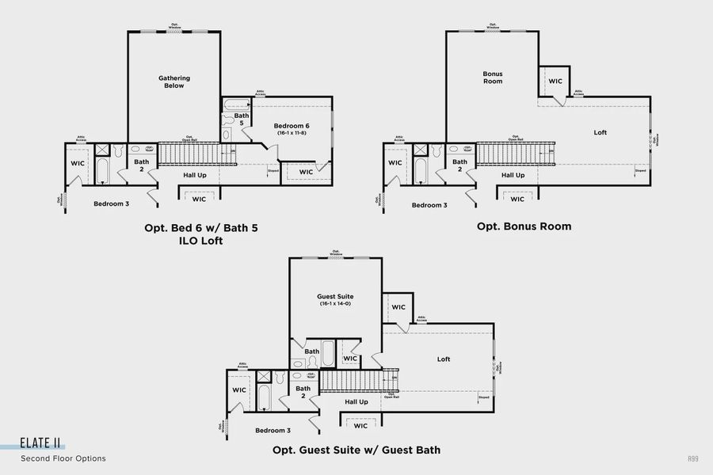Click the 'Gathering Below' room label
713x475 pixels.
click(x=173, y=82)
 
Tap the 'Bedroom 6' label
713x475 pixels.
click(x=292, y=126)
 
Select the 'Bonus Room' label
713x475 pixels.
click(x=493, y=78)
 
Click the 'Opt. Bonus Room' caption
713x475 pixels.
click(x=524, y=226)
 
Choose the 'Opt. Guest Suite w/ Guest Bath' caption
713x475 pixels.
click(x=356, y=450)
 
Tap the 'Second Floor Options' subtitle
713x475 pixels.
click(x=63, y=458)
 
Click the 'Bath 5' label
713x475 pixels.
click(x=242, y=120)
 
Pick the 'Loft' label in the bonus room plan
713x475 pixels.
click(x=601, y=132)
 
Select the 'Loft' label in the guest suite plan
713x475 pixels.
click(x=444, y=359)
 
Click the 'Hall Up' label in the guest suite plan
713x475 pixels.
click(x=356, y=401)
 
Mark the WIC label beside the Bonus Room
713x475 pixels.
click(x=555, y=81)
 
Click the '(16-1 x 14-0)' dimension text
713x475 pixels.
click(x=335, y=304)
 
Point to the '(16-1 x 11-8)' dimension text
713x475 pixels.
click(x=292, y=133)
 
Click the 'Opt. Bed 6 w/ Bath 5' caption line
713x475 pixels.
click(x=201, y=228)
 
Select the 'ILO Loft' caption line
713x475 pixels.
click(x=201, y=241)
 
